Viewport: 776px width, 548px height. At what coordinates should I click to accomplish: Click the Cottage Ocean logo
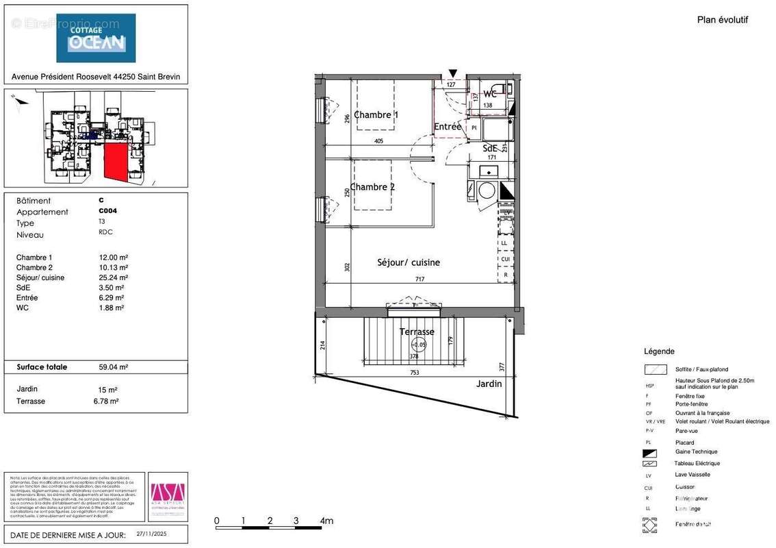[x=96, y=38]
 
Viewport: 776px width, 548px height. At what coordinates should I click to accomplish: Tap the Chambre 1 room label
[x=376, y=115]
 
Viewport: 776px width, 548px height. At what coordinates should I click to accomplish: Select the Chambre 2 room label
[x=372, y=187]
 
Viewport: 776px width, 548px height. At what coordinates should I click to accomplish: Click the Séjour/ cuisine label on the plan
[x=409, y=262]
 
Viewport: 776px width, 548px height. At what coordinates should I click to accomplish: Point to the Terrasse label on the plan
[x=417, y=332]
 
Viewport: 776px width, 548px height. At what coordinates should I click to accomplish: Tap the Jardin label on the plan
[x=489, y=384]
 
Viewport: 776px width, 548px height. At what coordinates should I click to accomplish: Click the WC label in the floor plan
[x=490, y=94]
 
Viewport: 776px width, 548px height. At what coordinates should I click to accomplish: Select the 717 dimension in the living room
[x=419, y=279]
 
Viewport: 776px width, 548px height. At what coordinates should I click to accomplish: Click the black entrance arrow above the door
[x=452, y=73]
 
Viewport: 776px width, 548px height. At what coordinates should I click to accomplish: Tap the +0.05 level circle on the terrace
[x=418, y=346]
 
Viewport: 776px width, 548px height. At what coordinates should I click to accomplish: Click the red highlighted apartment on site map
[x=117, y=163]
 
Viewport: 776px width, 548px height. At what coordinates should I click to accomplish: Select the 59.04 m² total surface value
[x=114, y=367]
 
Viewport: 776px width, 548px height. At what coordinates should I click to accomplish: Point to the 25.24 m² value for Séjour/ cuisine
[x=114, y=277]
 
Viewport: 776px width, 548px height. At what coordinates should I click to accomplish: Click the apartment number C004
[x=107, y=212]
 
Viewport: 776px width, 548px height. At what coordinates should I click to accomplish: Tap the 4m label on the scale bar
[x=326, y=521]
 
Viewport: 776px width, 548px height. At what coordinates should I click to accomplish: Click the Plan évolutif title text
[x=722, y=20]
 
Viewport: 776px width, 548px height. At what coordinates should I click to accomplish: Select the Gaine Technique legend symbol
[x=649, y=452]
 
